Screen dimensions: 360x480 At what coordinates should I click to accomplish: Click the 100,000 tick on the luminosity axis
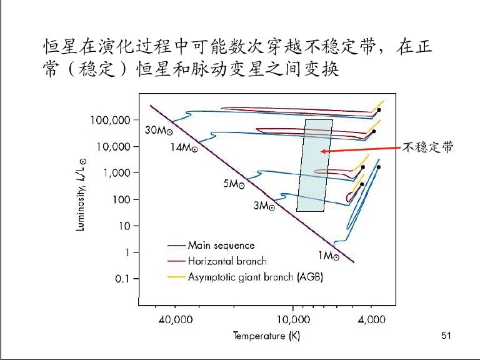pyautogui.click(x=112, y=120)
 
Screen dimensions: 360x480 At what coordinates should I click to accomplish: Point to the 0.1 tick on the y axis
pyautogui.click(x=122, y=279)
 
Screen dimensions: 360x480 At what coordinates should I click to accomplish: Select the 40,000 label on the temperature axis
pyautogui.click(x=175, y=319)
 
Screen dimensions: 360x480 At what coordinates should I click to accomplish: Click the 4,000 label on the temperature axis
pyautogui.click(x=371, y=319)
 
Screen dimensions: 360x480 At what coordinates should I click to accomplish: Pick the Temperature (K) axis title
pyautogui.click(x=266, y=336)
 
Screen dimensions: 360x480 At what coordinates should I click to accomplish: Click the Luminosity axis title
pyautogui.click(x=81, y=194)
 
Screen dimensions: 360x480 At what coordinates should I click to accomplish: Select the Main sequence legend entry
pyautogui.click(x=221, y=246)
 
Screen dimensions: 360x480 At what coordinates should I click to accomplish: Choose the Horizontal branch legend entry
pyautogui.click(x=227, y=261)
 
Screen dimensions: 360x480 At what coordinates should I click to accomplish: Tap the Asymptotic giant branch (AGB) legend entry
pyautogui.click(x=255, y=277)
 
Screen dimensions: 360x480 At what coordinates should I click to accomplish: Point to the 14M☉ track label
pyautogui.click(x=184, y=148)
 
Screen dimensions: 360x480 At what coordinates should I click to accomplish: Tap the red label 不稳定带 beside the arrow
pyautogui.click(x=427, y=147)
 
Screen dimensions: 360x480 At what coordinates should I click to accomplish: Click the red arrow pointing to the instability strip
pyautogui.click(x=359, y=150)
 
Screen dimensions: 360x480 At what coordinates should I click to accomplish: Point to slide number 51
pyautogui.click(x=446, y=336)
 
